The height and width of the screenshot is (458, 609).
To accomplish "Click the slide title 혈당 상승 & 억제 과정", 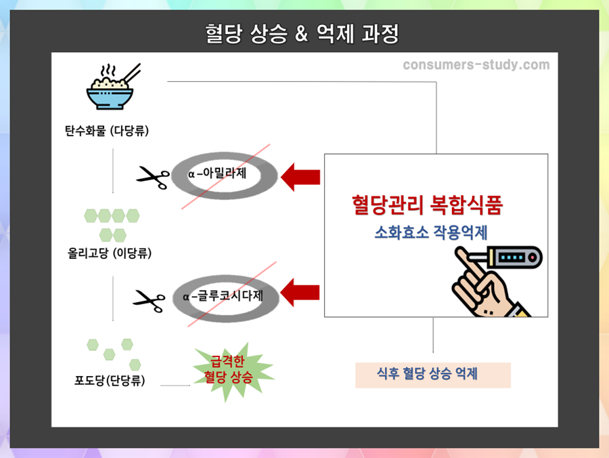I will coord(302,33).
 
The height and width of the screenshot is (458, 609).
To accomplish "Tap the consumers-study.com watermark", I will coord(476,65).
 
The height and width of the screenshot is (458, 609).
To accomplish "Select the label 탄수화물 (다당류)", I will coord(112,131).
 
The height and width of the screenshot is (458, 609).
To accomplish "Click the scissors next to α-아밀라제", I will coord(153,177).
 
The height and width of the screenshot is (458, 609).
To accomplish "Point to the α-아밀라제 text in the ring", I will coord(218,174).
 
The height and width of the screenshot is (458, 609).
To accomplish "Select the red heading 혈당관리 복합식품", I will coord(427,205).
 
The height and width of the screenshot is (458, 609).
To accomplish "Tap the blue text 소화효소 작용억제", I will coord(431,232).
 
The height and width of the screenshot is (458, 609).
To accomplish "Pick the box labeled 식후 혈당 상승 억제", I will coord(432,375).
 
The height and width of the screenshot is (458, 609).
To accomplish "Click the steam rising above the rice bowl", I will coord(106,71).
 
